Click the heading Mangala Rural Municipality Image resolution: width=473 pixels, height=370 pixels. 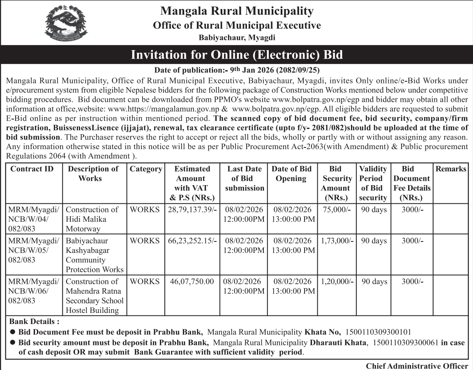pos(237,11)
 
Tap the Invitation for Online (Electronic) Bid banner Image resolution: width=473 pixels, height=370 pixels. pos(237,55)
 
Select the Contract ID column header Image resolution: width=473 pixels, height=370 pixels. pos(32,169)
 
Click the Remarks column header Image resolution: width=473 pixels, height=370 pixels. pos(451,169)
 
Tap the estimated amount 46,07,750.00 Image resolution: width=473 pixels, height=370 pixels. pos(192,282)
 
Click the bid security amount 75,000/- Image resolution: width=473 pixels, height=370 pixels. pos(337,209)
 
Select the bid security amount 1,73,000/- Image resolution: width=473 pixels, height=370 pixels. pos(337,241)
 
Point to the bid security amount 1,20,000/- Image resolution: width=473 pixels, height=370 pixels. pos(337,282)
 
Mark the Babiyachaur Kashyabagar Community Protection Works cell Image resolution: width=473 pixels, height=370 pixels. pos(95,255)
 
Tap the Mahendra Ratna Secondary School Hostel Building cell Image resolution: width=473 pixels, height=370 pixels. pos(95,296)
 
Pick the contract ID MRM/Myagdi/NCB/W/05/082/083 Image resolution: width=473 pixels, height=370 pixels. pos(34,250)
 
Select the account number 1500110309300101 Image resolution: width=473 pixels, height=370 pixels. pos(378,332)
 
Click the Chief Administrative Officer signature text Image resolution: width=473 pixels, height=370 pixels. pos(417,366)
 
